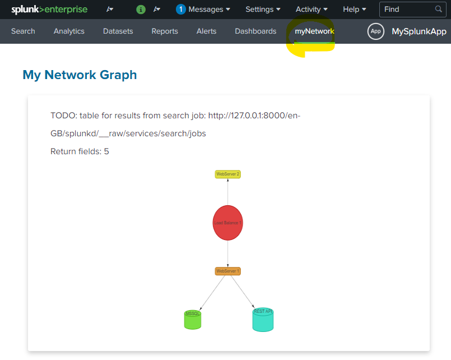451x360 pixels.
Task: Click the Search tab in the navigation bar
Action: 23,31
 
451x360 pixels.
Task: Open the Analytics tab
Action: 69,31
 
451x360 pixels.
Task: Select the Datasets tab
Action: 118,31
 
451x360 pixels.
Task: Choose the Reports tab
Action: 165,31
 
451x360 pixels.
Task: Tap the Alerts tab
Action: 206,31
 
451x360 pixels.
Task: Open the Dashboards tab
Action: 255,31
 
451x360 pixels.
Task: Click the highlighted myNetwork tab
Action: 314,31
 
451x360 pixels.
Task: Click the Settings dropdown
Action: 263,10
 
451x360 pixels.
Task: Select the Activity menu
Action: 311,10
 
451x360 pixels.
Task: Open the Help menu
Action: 354,10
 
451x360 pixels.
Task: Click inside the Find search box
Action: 407,10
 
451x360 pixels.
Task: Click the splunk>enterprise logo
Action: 49,10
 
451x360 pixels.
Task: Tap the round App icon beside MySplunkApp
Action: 375,31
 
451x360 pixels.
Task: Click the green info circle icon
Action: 141,10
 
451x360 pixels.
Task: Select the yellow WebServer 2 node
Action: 227,174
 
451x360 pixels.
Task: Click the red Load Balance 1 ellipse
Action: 227,223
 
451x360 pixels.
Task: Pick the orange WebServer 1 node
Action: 227,271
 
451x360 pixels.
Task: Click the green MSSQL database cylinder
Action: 192,320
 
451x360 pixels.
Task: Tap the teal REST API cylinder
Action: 263,320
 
